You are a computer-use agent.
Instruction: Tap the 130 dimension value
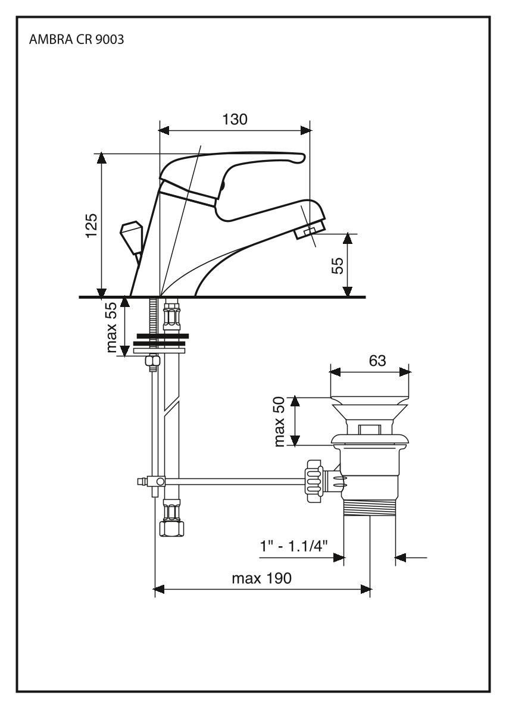pos(235,119)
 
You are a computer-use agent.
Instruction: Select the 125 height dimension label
pos(91,226)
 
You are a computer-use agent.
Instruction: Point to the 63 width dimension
pos(377,361)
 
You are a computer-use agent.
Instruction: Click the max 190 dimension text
pos(262,578)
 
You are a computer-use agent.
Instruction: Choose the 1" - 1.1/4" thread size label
pos(294,546)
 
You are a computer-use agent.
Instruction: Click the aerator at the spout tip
pos(309,231)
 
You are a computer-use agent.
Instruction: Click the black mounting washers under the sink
pos(158,340)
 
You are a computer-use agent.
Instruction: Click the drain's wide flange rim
pos(370,440)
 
